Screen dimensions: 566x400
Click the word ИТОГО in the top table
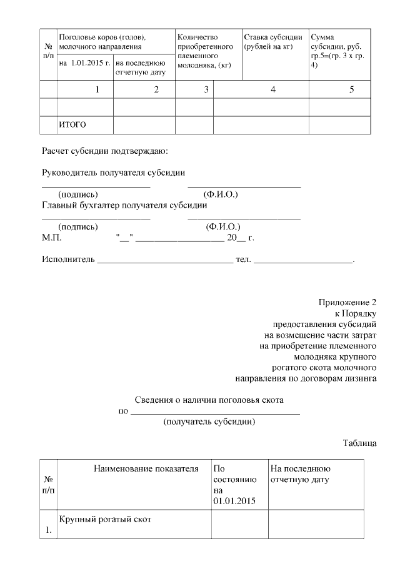click(72, 125)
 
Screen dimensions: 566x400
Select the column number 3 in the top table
click(206, 90)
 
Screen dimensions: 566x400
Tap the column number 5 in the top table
click(351, 90)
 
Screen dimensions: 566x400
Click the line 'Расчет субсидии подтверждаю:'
click(105, 151)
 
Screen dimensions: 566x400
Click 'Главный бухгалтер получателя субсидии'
click(124, 205)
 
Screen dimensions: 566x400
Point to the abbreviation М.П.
click(52, 238)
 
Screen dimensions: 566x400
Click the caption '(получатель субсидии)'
click(209, 422)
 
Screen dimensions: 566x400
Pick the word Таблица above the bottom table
click(359, 443)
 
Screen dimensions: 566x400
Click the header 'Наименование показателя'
click(146, 468)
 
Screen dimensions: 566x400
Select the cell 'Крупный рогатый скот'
click(105, 520)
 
